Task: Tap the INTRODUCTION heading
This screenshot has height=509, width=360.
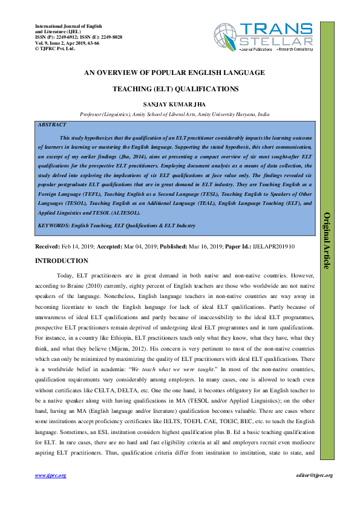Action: [x=62, y=261]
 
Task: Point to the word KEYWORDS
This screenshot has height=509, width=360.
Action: [x=54, y=225]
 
